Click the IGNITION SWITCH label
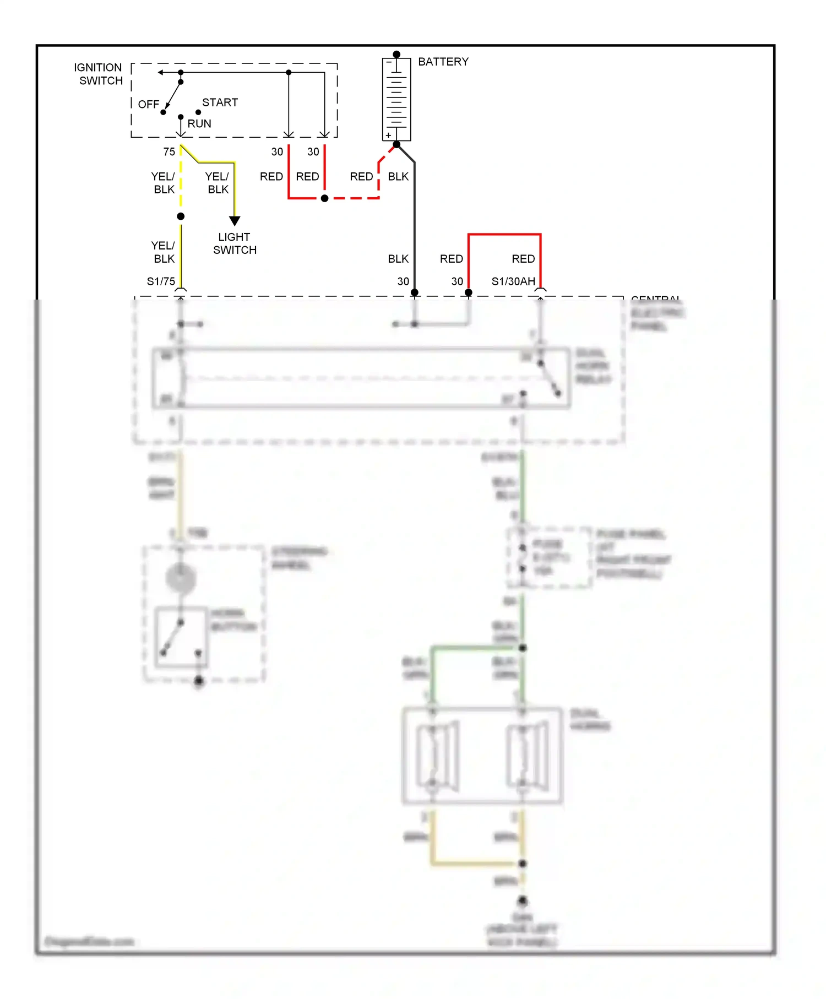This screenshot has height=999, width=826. pos(99,74)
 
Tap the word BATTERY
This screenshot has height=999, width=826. pos(443,62)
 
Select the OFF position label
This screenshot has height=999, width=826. pos(148,104)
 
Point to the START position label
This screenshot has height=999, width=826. pos(220,102)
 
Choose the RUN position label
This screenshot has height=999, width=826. pos(199,123)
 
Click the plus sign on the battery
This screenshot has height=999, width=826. pos(389,135)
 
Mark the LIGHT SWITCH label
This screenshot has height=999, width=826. pos(235,243)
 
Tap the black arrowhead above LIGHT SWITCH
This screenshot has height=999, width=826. pos(235,221)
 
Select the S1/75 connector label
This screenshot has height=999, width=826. pos(161,281)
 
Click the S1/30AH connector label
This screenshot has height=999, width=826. pos(513,281)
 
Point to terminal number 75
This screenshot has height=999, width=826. pos(169,151)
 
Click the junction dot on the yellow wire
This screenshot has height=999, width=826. pos(181,216)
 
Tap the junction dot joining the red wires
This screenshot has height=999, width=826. pos(325,198)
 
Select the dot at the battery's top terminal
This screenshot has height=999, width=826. pos(396,55)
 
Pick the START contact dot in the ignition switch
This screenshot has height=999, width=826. pos(198,112)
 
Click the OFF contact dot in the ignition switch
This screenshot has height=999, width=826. pos(163,112)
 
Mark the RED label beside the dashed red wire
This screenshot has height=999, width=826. pos(361,176)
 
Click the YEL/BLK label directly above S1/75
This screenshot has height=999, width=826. pos(164,252)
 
